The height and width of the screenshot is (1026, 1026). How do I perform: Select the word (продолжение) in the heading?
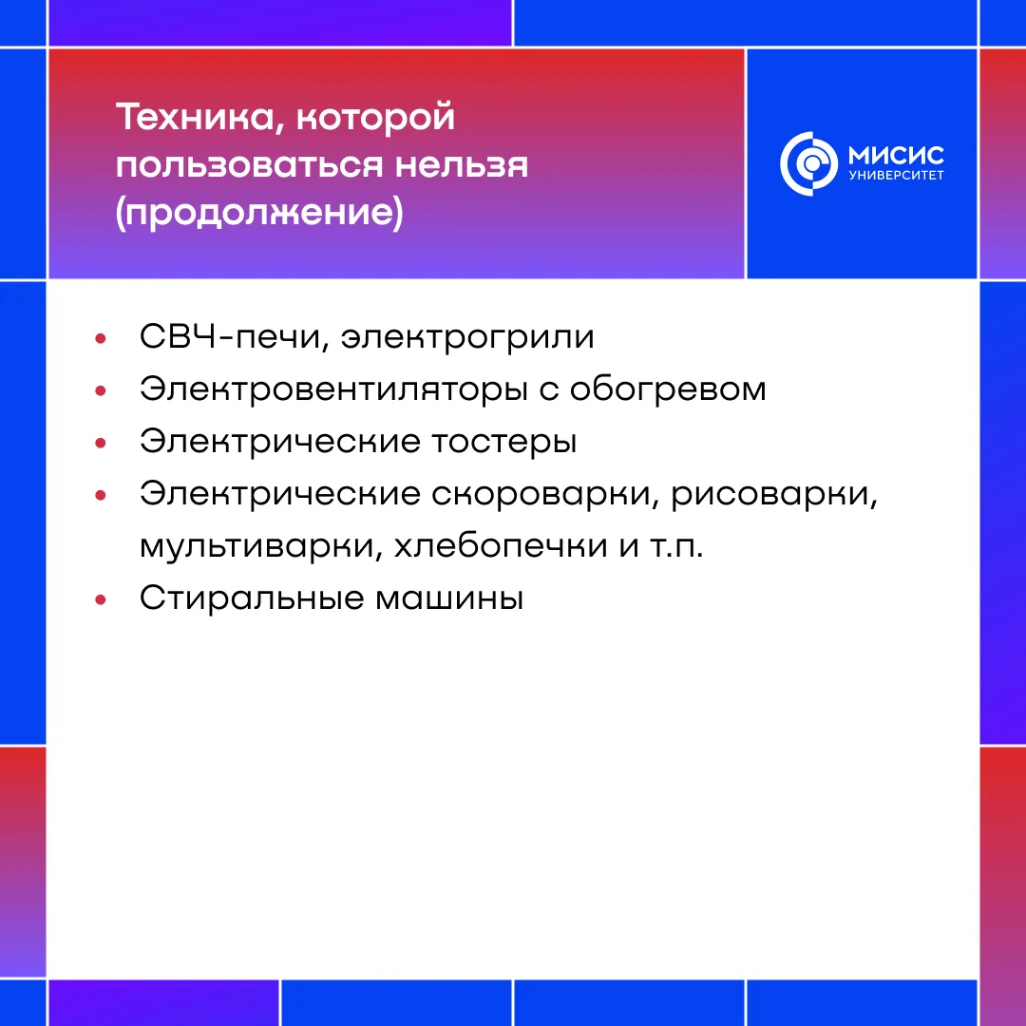click(x=259, y=213)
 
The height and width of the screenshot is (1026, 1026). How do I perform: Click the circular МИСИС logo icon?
click(x=808, y=163)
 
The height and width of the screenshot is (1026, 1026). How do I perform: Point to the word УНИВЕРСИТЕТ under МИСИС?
click(x=897, y=176)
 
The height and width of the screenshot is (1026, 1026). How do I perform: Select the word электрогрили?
click(x=467, y=338)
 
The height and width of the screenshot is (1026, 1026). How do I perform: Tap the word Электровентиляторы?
click(x=333, y=389)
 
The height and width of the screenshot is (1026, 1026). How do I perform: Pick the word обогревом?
click(x=668, y=389)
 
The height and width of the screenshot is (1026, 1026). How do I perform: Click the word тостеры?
click(x=504, y=443)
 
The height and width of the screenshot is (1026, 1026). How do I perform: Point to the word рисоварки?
click(x=774, y=494)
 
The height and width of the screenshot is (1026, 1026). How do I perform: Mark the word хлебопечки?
click(x=501, y=545)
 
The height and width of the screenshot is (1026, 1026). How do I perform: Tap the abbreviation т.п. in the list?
click(x=676, y=547)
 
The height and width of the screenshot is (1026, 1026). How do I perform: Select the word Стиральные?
click(x=252, y=598)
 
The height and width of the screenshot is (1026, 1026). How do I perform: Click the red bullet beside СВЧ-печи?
click(x=100, y=338)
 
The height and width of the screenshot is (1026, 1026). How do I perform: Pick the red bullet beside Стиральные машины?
click(x=100, y=599)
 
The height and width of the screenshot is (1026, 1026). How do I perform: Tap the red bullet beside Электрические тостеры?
click(x=100, y=443)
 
